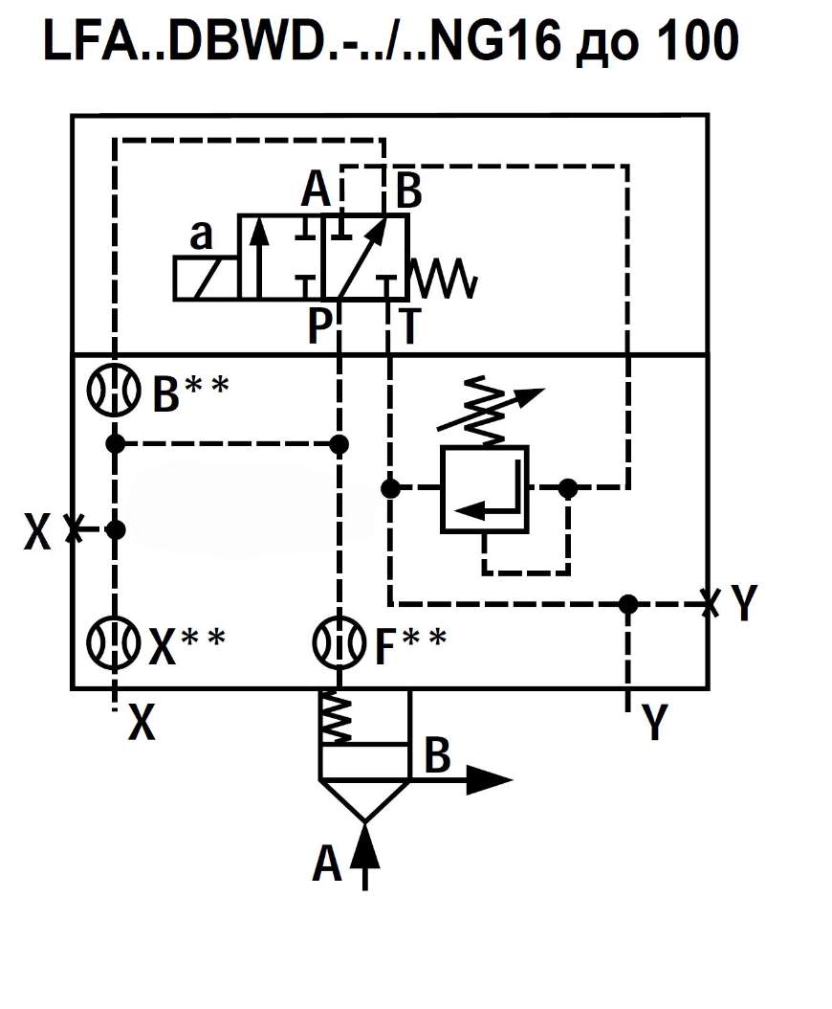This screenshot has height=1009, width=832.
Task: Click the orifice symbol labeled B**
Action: [x=114, y=391]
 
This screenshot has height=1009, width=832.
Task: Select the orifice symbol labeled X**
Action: [x=114, y=641]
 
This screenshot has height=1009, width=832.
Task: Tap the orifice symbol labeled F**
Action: [x=339, y=641]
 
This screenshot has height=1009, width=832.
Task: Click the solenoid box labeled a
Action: [x=206, y=278]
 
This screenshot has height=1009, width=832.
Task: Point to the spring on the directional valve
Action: [x=444, y=279]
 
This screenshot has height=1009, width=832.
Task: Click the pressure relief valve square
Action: [x=484, y=489]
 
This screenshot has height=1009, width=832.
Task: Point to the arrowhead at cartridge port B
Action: [x=489, y=780]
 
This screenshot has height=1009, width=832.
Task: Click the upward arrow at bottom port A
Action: [x=365, y=856]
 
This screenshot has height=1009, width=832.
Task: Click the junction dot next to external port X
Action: [x=115, y=529]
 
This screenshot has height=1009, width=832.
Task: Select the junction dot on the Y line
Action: [x=627, y=604]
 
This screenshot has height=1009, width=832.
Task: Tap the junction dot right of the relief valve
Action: [x=568, y=489]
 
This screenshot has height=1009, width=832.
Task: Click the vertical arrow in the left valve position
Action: [x=258, y=258]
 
